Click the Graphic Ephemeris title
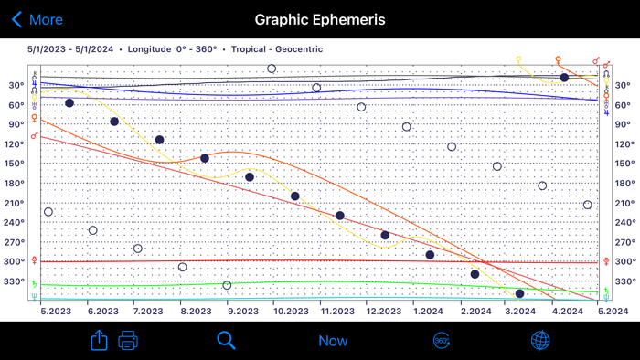click(x=320, y=19)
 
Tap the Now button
click(x=333, y=341)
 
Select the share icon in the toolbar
click(x=99, y=341)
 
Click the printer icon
click(x=128, y=341)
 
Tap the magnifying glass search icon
click(x=226, y=341)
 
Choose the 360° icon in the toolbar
click(x=441, y=341)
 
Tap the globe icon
click(x=540, y=341)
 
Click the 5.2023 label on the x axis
click(x=56, y=312)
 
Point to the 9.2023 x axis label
click(x=242, y=312)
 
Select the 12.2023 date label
click(x=383, y=312)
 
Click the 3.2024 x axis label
click(x=520, y=312)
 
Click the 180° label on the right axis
click(x=624, y=184)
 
